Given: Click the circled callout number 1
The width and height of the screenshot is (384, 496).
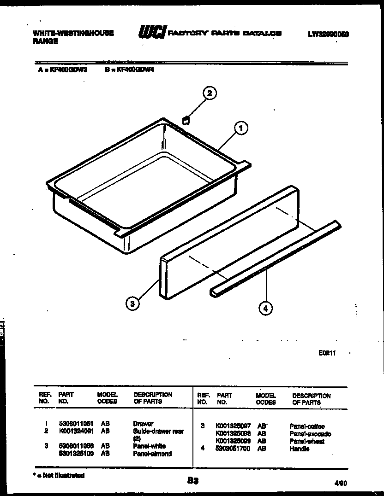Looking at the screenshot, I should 240,128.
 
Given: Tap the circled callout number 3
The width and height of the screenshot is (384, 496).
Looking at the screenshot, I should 132,303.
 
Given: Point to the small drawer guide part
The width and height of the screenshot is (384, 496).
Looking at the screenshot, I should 186,120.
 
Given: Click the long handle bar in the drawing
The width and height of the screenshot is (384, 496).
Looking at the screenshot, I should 277,258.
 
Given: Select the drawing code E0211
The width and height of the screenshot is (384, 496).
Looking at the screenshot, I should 327,353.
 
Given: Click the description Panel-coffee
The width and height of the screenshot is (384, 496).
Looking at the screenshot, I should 307,426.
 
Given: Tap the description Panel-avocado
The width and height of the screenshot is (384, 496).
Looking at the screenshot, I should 310,434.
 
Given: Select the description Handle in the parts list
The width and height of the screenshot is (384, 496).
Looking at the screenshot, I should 300,449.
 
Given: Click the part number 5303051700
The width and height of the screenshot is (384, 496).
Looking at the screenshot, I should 233,449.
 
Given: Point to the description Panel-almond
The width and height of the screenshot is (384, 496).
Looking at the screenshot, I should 152,454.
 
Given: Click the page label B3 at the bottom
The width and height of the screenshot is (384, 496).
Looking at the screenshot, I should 193,481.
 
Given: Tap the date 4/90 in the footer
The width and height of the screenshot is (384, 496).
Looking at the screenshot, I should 341,483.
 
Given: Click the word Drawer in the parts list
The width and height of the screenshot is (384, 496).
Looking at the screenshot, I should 143,424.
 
